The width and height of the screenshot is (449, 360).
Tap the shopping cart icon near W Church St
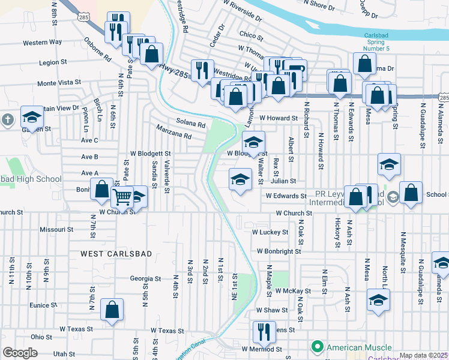pos(122,196)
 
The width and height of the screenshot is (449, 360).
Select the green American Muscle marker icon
pos(316,347)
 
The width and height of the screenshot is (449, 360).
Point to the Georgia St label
pos(145,278)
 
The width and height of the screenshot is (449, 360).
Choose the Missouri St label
pos(56,229)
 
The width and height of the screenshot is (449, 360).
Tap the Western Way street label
pos(43,43)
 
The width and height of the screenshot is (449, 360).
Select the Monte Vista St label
pos(59,83)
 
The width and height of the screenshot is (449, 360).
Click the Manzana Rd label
pos(173,133)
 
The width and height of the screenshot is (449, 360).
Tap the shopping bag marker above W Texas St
pos(112,310)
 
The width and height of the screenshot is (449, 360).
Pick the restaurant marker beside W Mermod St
pos(262,330)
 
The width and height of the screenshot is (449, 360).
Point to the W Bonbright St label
pos(279,251)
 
